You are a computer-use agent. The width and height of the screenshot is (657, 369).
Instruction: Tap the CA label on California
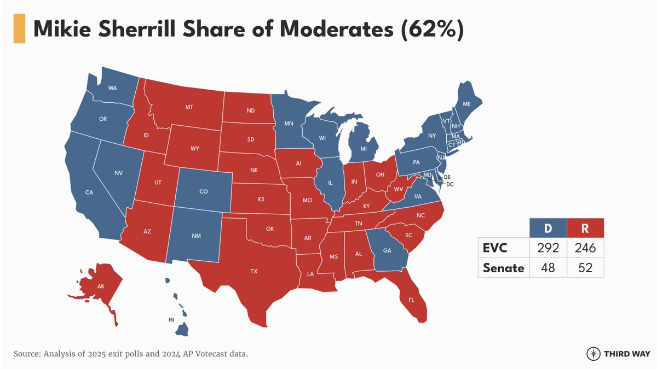coord(89,192)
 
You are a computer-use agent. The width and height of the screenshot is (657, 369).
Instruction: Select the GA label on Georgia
coord(387,250)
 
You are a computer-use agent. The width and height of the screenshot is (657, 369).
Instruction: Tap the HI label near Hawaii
coord(170,318)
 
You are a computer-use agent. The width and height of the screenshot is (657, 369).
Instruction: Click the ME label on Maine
coord(466,104)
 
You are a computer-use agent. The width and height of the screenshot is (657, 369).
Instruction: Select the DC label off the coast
coord(450,185)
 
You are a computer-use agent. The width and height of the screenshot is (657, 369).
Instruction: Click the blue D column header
coord(548,227)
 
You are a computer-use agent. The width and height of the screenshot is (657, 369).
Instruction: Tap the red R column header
coord(585,227)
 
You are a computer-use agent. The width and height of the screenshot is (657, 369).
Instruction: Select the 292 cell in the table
coord(548,248)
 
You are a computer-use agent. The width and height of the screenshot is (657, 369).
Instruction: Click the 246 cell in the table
coord(585,248)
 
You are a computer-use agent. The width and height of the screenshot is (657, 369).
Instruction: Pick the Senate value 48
coord(548,268)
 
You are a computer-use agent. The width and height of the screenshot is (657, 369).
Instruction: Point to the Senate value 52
coord(585,268)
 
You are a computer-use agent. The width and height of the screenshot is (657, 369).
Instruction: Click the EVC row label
coord(495,248)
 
